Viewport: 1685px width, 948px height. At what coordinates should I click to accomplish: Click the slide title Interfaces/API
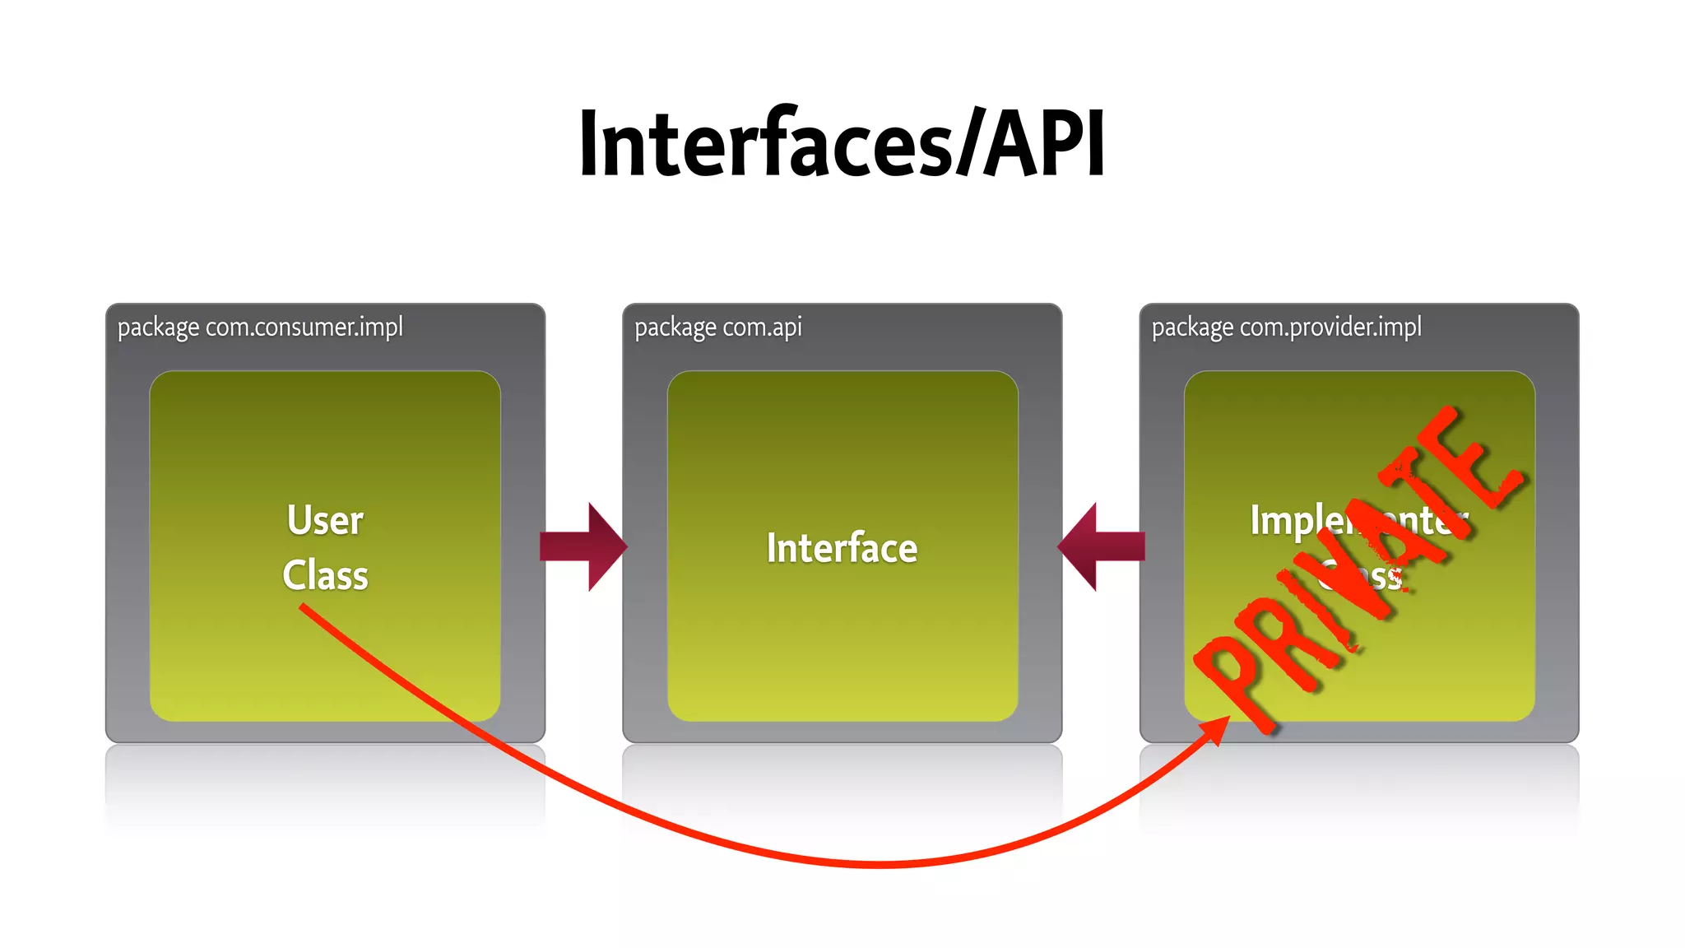[x=842, y=144]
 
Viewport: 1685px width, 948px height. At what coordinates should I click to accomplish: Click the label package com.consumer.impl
[x=260, y=328]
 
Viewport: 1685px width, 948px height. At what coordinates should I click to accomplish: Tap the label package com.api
[x=717, y=328]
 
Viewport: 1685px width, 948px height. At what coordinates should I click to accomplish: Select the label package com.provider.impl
[x=1286, y=328]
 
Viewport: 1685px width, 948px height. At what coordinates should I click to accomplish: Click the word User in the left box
[x=325, y=521]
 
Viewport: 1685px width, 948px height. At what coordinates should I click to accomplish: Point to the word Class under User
[x=325, y=575]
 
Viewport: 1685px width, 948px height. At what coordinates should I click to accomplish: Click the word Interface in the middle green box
[x=842, y=548]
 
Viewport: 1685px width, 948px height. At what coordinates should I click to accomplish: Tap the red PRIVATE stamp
[x=1358, y=568]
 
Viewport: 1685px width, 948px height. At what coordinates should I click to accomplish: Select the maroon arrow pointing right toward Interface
[x=583, y=546]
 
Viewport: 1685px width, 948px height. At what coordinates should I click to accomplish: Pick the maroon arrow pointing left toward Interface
[x=1101, y=546]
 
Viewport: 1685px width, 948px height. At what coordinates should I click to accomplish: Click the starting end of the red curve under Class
[x=304, y=608]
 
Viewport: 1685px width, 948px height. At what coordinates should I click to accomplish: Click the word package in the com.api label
[x=675, y=328]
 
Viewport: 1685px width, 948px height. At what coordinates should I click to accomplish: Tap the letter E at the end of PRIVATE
[x=1481, y=461]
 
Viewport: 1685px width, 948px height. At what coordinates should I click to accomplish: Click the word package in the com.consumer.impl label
[x=158, y=328]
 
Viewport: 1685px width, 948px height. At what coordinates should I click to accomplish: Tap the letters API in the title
[x=1045, y=144]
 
